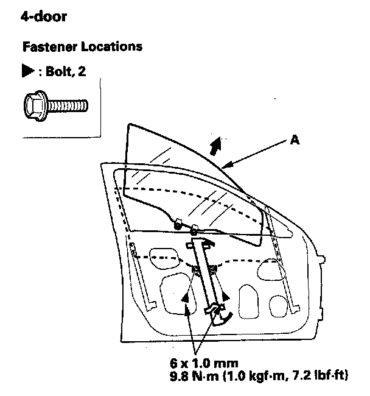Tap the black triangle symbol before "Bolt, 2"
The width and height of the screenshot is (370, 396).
[27, 71]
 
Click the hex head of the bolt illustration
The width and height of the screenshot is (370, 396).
[35, 106]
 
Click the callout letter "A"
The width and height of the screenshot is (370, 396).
[294, 140]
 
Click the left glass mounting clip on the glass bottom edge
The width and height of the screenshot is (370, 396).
[178, 225]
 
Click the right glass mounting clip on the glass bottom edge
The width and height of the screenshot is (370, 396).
[194, 230]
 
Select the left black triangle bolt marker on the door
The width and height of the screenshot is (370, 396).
[185, 296]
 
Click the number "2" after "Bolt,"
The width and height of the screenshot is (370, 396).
[82, 71]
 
